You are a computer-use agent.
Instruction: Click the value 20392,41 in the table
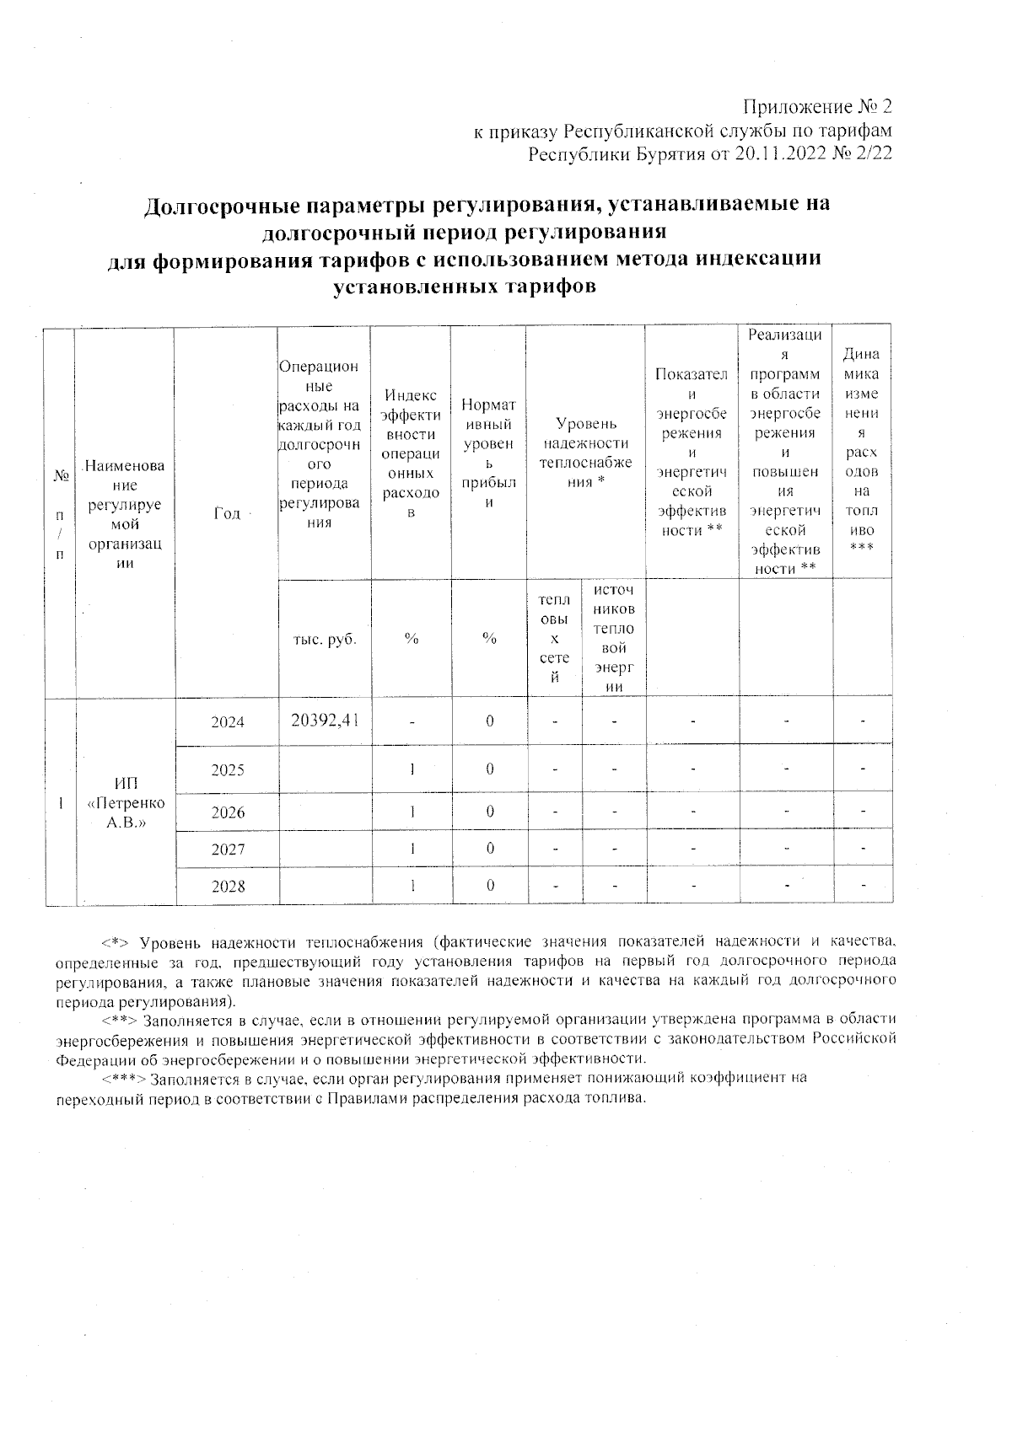325,720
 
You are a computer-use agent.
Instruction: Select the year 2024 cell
227,722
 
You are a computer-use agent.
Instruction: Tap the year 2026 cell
227,813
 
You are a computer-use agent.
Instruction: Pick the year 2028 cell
227,887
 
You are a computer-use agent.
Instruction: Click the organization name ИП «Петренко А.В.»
126,804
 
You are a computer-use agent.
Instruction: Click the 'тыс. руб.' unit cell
325,639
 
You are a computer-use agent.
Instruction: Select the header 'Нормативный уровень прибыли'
489,453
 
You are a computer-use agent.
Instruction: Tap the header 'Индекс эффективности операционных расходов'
412,453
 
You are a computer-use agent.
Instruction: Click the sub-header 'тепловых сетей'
554,638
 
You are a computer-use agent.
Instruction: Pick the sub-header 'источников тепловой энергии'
614,638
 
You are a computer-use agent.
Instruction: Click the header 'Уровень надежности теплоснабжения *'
585,453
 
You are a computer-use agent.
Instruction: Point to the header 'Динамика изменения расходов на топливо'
862,453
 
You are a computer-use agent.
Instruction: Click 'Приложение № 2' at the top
816,108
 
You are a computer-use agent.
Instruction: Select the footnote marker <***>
124,1078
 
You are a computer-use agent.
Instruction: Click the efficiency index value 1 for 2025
412,769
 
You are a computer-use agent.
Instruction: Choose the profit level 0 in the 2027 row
489,849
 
